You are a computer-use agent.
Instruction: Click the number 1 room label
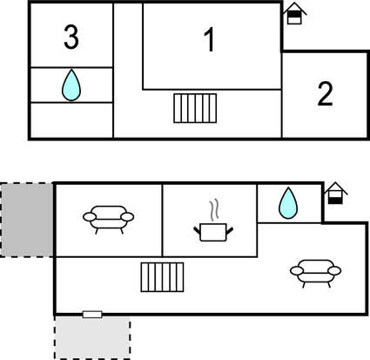tap(210, 39)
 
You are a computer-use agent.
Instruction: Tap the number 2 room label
tap(325, 93)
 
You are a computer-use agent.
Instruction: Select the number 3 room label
tap(71, 37)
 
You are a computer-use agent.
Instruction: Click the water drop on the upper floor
tap(71, 85)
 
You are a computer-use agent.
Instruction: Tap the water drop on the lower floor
tap(288, 203)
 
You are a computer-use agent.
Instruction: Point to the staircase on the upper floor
tap(195, 108)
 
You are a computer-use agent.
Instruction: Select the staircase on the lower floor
tap(162, 277)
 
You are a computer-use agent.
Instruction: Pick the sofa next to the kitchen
tap(108, 220)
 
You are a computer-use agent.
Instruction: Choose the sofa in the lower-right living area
tap(315, 274)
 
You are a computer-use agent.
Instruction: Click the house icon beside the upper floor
tap(294, 13)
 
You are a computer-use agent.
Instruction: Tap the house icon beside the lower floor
tap(335, 194)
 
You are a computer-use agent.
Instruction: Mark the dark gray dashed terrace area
tap(27, 220)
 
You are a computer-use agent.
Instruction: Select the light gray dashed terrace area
tap(92, 337)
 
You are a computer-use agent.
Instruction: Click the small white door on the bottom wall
tap(92, 314)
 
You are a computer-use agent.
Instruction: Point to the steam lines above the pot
tap(214, 209)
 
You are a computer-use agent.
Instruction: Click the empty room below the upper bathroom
tap(71, 119)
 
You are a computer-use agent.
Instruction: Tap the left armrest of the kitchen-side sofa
tap(90, 217)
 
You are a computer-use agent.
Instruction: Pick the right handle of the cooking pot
tap(230, 231)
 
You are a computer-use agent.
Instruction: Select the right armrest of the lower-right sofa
tap(334, 271)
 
